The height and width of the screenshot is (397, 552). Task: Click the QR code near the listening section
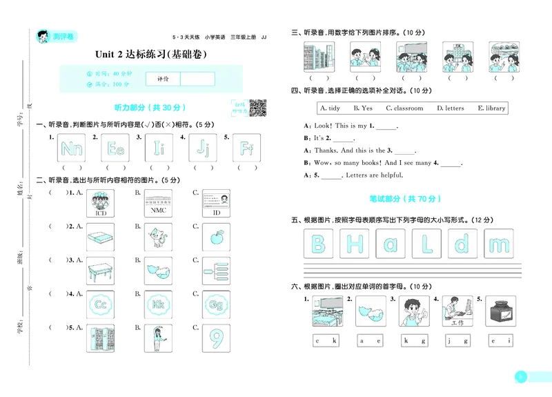[x=257, y=108]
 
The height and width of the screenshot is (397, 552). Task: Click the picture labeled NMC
[x=159, y=204]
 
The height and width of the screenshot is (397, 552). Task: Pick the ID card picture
[x=217, y=204]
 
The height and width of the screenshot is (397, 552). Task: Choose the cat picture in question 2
[x=159, y=238]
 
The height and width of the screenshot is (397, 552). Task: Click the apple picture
[x=217, y=238]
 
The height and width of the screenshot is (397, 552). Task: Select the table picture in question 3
[x=101, y=271]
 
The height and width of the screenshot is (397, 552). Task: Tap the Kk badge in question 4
[x=159, y=304]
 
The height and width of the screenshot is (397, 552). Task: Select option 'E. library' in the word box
[x=491, y=108]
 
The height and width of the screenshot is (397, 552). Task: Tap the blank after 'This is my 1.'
[x=387, y=127]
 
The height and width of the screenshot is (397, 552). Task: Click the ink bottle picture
[x=500, y=312]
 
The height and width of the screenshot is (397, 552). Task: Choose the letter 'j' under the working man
[x=448, y=340]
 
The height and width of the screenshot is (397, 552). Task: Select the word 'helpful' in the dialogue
[x=390, y=175]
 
